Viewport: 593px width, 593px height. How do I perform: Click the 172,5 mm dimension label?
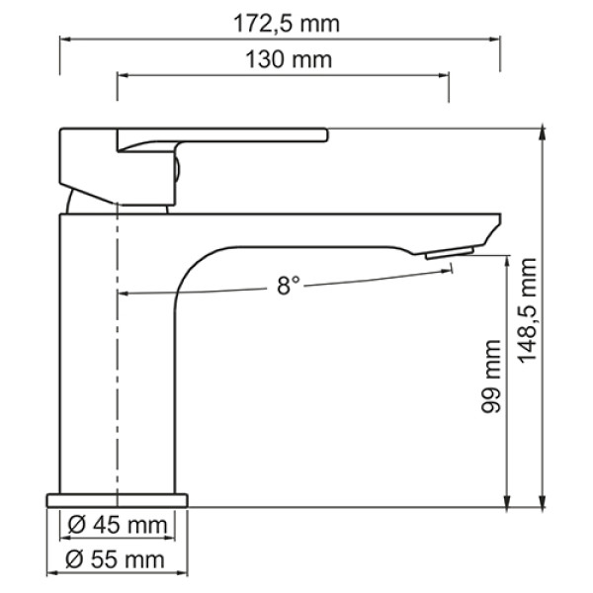pos(280,22)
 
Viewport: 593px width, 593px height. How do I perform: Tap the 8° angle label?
pos(288,287)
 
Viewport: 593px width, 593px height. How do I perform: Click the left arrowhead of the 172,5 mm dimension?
pos(65,40)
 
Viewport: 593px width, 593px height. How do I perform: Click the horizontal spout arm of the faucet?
pos(326,229)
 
